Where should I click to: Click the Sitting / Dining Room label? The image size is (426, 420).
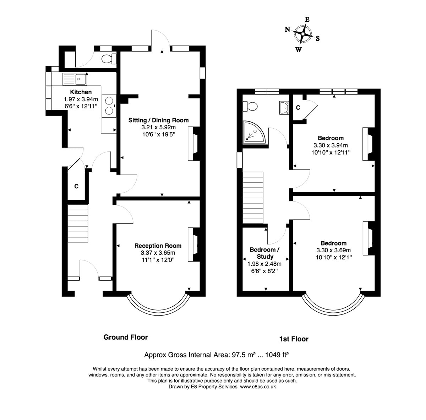coord(158,120)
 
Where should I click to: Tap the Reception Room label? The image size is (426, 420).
coord(158,246)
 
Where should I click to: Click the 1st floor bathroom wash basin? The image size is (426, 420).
coord(284,107)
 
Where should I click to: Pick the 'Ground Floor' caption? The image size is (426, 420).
coord(125,337)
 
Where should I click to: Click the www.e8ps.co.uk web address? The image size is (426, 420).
coord(258,387)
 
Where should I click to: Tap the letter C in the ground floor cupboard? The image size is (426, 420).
coord(76,186)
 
